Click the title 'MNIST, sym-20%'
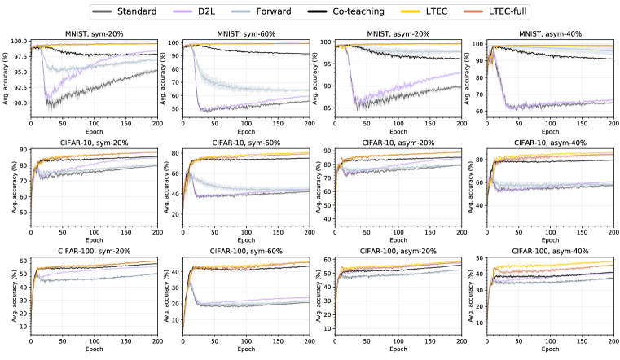pyautogui.click(x=95, y=33)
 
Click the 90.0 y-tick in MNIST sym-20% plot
pyautogui.click(x=20, y=103)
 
